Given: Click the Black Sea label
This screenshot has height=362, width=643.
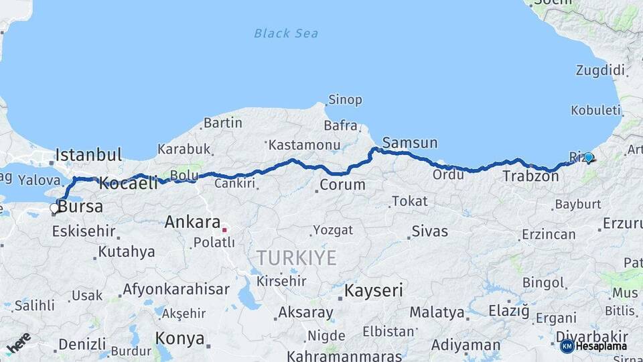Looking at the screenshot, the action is pyautogui.click(x=286, y=33).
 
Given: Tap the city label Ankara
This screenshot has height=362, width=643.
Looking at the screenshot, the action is pyautogui.click(x=192, y=222).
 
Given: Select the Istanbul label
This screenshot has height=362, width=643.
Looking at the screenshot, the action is pyautogui.click(x=88, y=155).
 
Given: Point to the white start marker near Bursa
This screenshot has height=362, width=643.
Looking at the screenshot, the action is pyautogui.click(x=54, y=208).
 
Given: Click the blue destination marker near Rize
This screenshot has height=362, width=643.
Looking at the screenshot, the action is pyautogui.click(x=588, y=158).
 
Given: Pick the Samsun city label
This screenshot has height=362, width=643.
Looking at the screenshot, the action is pyautogui.click(x=410, y=143).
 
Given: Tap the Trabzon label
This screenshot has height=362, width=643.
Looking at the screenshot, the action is pyautogui.click(x=530, y=177).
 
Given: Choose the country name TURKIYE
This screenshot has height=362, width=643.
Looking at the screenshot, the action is pyautogui.click(x=296, y=258).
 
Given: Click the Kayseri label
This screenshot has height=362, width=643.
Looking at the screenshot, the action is pyautogui.click(x=374, y=291).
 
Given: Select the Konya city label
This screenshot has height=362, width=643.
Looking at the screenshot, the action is pyautogui.click(x=180, y=339).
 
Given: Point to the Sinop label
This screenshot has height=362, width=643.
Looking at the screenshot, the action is pyautogui.click(x=345, y=100).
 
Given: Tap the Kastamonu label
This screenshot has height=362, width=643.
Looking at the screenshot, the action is pyautogui.click(x=304, y=145).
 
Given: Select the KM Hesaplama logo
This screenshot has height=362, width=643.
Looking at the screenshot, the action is pyautogui.click(x=593, y=346).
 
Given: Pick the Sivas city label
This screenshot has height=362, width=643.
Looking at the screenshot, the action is pyautogui.click(x=430, y=231).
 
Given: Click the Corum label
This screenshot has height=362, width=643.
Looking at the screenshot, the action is pyautogui.click(x=342, y=184).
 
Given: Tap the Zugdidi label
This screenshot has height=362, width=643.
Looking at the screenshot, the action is pyautogui.click(x=600, y=70).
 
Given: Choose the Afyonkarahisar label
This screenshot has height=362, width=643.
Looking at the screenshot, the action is pyautogui.click(x=176, y=290).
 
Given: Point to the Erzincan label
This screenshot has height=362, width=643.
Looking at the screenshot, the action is pyautogui.click(x=549, y=234).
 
